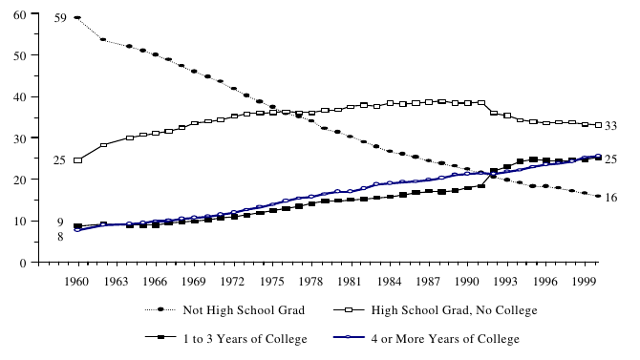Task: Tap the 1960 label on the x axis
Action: [x=77, y=284]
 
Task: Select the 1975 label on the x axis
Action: [x=272, y=284]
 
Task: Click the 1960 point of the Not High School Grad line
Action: [x=77, y=17]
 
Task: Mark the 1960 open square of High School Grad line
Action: [x=77, y=160]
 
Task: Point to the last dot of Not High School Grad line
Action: [x=598, y=196]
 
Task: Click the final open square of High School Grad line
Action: [x=598, y=125]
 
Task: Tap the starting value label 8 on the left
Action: [x=60, y=236]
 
